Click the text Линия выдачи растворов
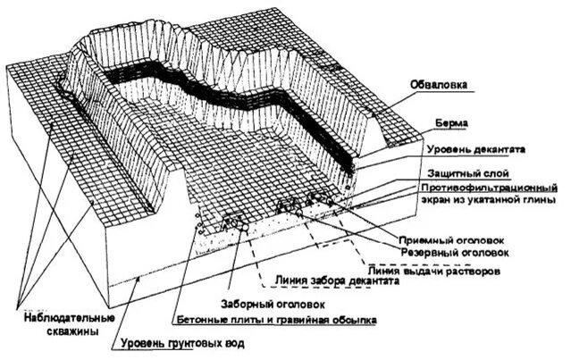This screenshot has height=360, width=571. pos(432,269)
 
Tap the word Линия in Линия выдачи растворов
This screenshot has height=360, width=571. pos(383,269)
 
